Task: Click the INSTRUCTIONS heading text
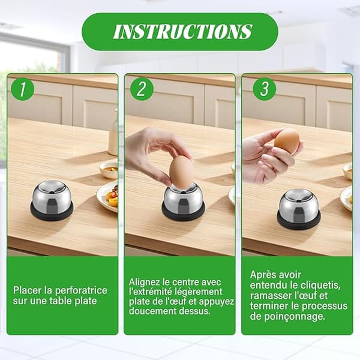point(183,31)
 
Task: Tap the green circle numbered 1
point(23,89)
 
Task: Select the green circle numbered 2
point(142,89)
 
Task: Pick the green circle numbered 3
point(264,89)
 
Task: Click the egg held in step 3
point(287,141)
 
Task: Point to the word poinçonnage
point(295,317)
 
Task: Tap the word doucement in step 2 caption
point(151,311)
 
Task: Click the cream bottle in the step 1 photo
point(113,135)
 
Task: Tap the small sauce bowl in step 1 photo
point(109,170)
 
